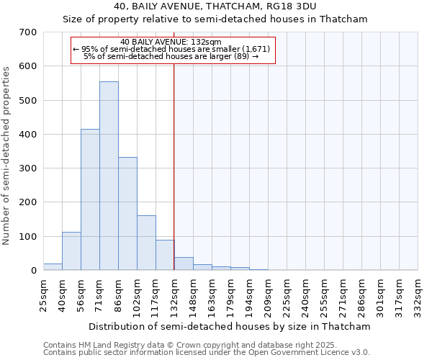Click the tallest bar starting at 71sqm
point(109,176)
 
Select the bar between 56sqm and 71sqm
point(90,200)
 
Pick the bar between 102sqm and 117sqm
point(146,243)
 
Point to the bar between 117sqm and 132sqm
point(165,256)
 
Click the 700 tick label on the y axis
point(28,32)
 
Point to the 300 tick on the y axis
point(28,168)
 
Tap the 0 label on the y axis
point(33,271)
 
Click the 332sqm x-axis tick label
point(418,294)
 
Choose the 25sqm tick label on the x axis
point(44,293)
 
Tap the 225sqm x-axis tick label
point(287,294)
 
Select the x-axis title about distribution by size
point(230,326)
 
